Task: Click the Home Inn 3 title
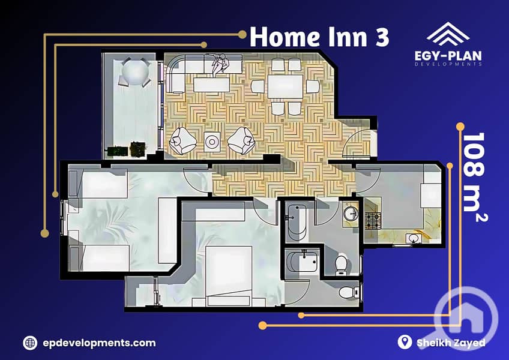click(x=319, y=37)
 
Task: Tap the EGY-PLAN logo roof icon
click(x=448, y=34)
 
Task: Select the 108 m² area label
click(x=474, y=176)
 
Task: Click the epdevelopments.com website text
click(x=99, y=343)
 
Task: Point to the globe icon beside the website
click(x=30, y=343)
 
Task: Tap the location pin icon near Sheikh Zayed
click(x=405, y=342)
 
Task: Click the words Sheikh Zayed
click(x=451, y=343)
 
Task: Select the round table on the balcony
click(x=136, y=72)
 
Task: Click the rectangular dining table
click(x=285, y=86)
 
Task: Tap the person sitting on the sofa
click(x=220, y=64)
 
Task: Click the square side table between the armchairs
click(x=212, y=142)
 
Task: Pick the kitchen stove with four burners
click(x=373, y=220)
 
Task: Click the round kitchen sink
click(x=413, y=238)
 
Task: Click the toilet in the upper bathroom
click(x=341, y=263)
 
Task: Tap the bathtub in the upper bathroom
click(x=296, y=223)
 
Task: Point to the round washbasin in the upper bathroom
click(x=351, y=214)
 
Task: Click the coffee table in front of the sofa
click(x=212, y=85)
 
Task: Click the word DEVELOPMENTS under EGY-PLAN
click(x=448, y=64)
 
